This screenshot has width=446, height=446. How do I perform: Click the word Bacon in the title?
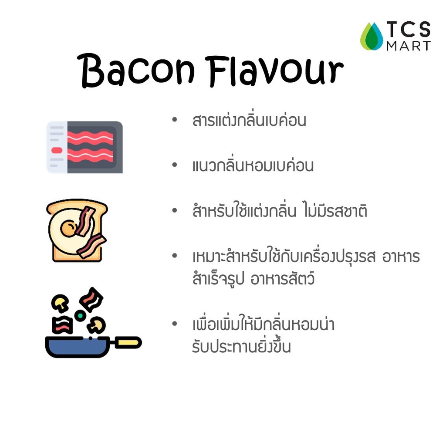[136, 70]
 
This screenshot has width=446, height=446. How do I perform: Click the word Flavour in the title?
[274, 71]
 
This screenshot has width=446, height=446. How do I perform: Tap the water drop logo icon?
[372, 37]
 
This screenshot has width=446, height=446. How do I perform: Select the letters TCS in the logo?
[409, 29]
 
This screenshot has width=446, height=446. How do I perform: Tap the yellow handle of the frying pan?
[128, 342]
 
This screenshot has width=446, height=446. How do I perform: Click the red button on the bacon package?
[57, 150]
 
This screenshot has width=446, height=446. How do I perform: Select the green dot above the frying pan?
[80, 315]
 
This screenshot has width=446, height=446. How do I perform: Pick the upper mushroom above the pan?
[60, 302]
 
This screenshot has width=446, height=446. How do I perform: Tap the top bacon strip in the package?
[91, 138]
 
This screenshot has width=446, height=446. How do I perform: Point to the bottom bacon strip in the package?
[91, 155]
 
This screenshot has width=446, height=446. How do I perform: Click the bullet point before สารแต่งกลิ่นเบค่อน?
[175, 119]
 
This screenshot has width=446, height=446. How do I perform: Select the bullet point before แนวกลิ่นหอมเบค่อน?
[175, 165]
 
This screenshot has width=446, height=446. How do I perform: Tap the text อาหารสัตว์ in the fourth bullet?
[282, 278]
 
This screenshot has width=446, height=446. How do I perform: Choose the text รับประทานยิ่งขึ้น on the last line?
[241, 346]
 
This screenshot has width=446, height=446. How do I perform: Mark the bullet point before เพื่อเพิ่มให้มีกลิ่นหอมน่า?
[175, 324]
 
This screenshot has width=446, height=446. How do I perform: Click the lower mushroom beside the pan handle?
[96, 325]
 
